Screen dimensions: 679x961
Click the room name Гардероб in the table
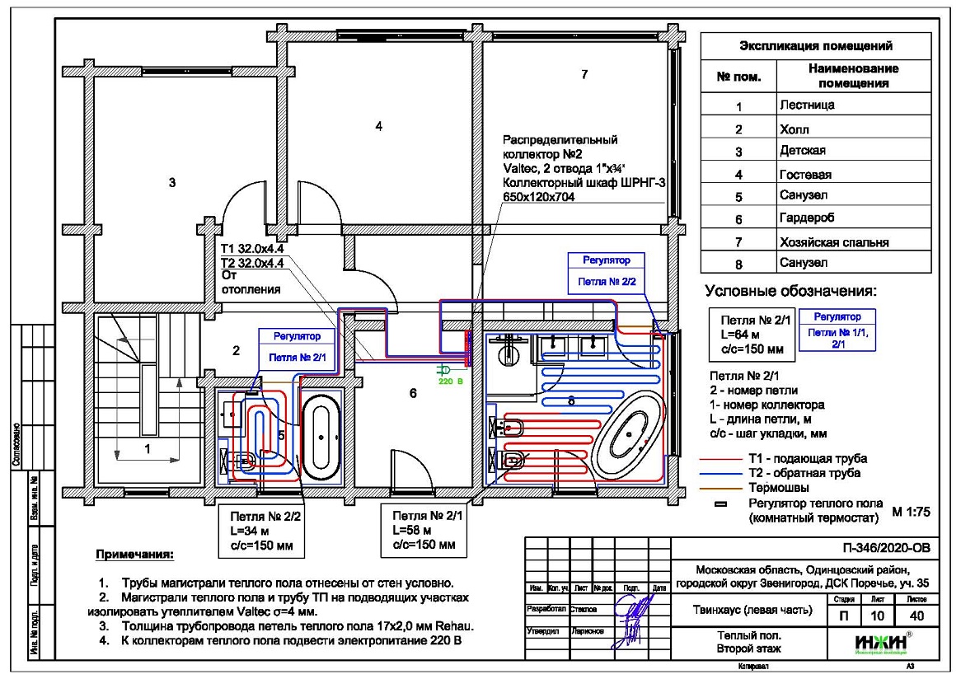805,219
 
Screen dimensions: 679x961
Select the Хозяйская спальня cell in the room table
837,242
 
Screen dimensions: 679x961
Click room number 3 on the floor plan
172,183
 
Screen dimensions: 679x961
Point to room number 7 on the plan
584,75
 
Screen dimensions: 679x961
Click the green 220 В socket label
446,382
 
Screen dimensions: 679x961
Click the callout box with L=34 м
258,530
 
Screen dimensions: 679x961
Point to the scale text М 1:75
911,511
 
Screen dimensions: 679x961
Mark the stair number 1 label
147,449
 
